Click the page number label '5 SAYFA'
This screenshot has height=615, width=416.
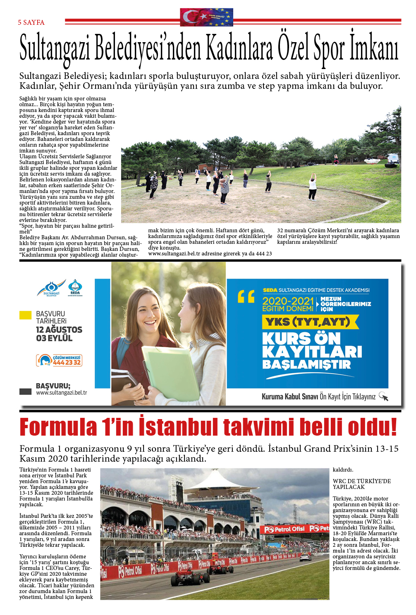pos(31,22)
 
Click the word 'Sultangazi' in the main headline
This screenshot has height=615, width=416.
pos(55,50)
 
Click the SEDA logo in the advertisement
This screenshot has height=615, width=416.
pos(75,287)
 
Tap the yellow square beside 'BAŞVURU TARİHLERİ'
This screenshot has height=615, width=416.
pos(26,315)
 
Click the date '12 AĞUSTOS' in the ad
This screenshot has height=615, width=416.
pos(59,330)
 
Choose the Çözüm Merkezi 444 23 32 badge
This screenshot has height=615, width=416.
pos(59,360)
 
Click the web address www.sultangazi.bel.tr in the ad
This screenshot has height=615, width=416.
pos(61,393)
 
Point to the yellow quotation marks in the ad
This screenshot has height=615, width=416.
pos(246,296)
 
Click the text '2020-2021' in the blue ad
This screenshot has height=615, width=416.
pos(288,301)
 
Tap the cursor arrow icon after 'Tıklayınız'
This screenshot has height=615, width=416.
pos(384,396)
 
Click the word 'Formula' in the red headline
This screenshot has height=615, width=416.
pos(58,427)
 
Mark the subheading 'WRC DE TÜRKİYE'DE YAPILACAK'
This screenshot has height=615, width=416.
pos(362,484)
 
